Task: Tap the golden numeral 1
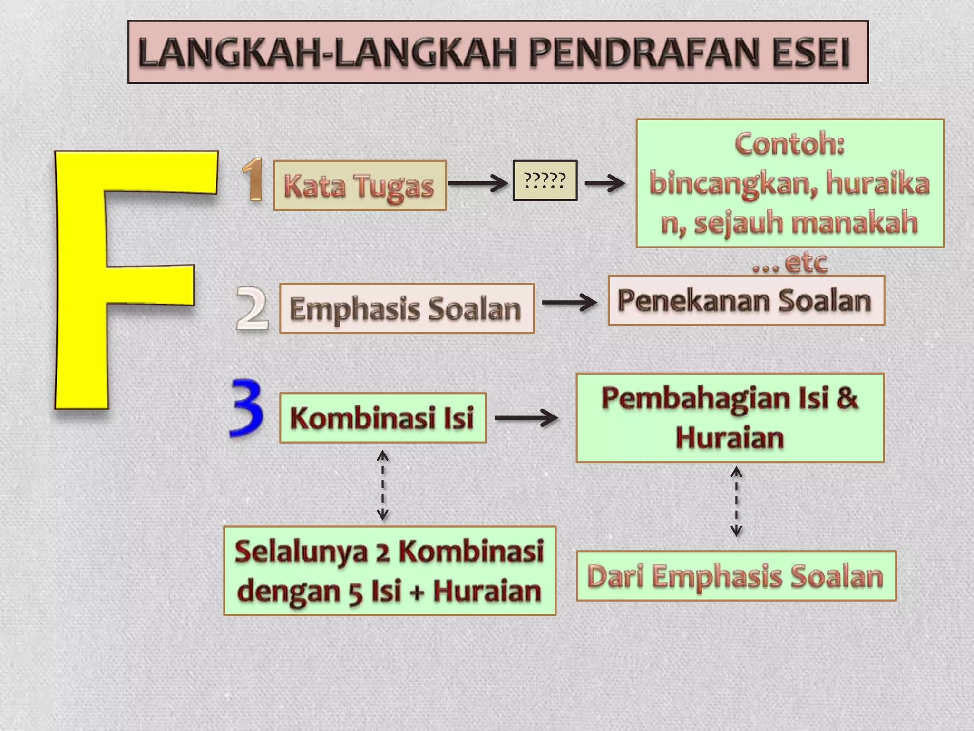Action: point(253,180)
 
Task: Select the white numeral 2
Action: point(252,308)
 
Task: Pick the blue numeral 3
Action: point(246,408)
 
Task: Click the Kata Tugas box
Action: point(360,186)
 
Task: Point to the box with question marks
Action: point(545,180)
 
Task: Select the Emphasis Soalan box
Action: point(407,308)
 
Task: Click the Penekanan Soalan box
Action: point(745,300)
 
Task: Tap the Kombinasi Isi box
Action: point(382,418)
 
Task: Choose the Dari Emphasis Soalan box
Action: point(736,576)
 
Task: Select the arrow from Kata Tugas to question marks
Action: point(478,183)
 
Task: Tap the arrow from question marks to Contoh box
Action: point(604,183)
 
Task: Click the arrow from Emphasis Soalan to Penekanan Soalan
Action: point(569,302)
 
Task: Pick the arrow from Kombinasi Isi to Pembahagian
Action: point(526,418)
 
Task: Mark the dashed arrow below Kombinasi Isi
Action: point(382,485)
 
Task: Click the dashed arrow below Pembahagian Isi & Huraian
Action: point(736,501)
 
